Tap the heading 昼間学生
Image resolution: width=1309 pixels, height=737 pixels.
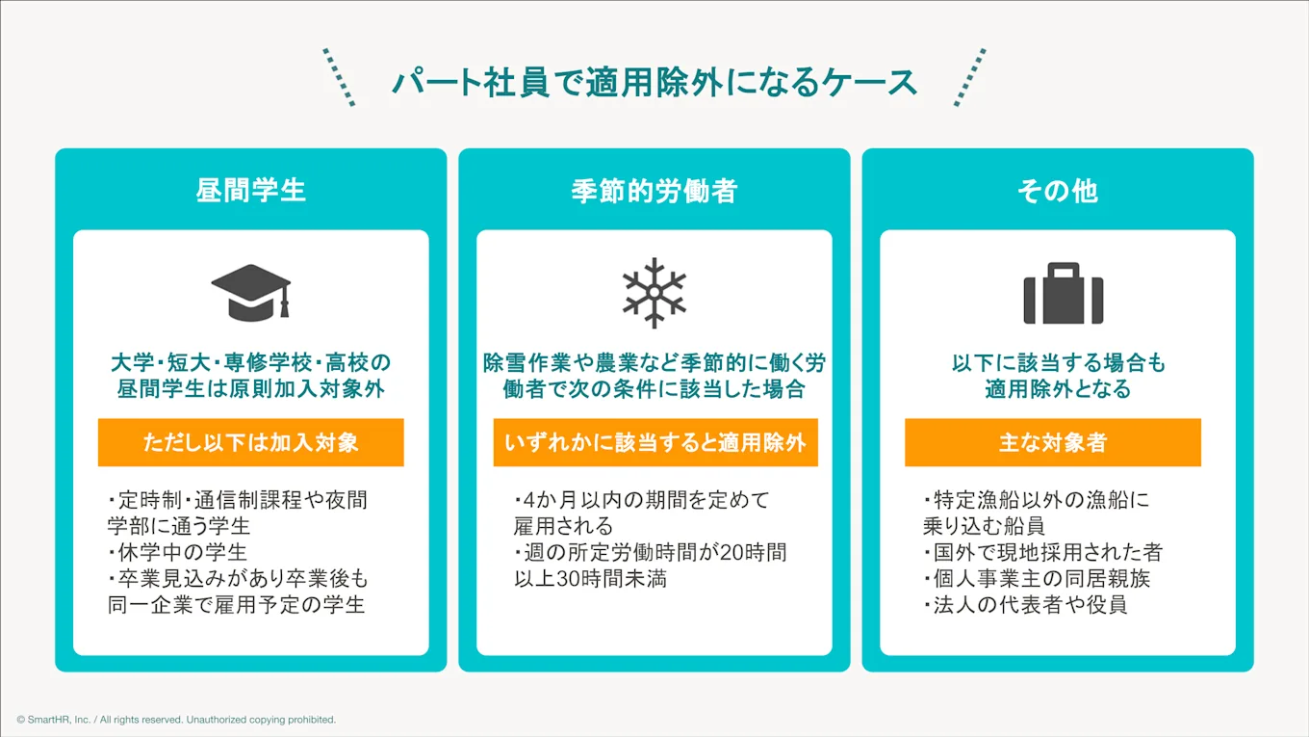pyautogui.click(x=250, y=190)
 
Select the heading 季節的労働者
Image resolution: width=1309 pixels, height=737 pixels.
pyautogui.click(x=654, y=190)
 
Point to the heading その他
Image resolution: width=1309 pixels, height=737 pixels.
pyautogui.click(x=1057, y=190)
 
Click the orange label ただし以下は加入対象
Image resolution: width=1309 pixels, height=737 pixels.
pyautogui.click(x=250, y=442)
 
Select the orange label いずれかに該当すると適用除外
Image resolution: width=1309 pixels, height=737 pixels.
pyautogui.click(x=654, y=442)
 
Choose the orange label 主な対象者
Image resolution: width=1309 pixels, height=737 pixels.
pyautogui.click(x=1052, y=442)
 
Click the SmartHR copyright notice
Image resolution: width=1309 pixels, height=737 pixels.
pyautogui.click(x=176, y=720)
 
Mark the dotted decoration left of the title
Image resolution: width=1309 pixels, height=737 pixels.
pyautogui.click(x=340, y=76)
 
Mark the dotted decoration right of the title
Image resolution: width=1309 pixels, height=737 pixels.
pyautogui.click(x=969, y=76)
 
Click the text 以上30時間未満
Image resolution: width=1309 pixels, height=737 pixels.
pyautogui.click(x=590, y=579)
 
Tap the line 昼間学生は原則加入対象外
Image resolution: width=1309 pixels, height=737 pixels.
pyautogui.click(x=250, y=389)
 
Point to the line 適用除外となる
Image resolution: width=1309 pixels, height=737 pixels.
pyautogui.click(x=1057, y=389)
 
